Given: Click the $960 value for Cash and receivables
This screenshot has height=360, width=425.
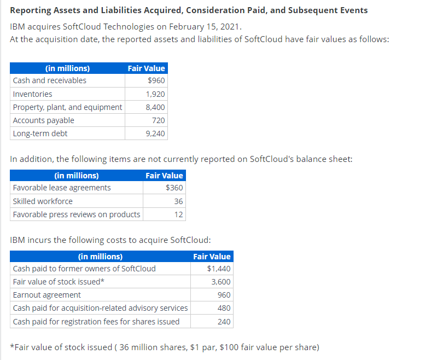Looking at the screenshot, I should tap(156, 80).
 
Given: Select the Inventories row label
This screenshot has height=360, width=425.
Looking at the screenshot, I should tap(33, 94).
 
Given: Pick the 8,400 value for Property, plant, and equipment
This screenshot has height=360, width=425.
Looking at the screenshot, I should tap(155, 107).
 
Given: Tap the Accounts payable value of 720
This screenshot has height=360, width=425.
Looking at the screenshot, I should tap(158, 120).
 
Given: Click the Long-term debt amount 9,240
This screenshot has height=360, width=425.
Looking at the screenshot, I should tap(155, 133).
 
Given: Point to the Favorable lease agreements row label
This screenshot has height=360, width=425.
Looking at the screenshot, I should tap(61, 188).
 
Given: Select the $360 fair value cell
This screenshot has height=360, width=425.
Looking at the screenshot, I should tap(174, 188).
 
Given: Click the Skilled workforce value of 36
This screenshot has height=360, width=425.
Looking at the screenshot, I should tap(178, 201).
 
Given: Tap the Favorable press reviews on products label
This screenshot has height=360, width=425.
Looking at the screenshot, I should tap(77, 214).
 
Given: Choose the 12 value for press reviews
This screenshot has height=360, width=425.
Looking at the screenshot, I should tap(178, 214).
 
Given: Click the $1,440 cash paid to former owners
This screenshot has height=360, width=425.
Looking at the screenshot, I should tap(219, 269).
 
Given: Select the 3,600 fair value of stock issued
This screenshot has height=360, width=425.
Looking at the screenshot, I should tap(221, 282).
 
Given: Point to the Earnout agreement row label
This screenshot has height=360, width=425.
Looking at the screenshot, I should tap(46, 295).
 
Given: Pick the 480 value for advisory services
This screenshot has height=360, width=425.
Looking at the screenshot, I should tap(224, 308).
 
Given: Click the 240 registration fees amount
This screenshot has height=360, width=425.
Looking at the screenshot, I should tap(224, 321).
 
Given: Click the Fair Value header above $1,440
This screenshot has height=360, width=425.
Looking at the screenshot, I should tap(212, 256).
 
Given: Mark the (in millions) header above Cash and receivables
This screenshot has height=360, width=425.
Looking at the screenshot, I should tap(67, 68).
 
